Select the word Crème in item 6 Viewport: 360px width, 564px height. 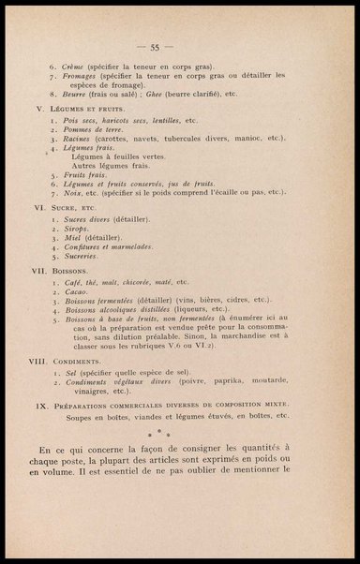tap(72, 68)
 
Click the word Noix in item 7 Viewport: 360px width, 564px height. tap(69, 193)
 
